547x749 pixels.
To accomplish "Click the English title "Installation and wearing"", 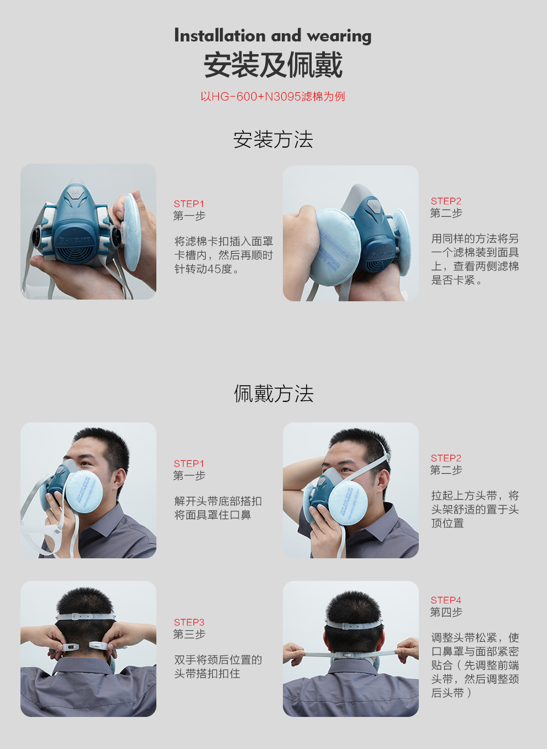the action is tap(272, 36).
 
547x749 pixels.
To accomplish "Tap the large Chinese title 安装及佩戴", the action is tap(273, 65).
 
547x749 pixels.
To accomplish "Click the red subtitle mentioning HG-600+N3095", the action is tap(272, 97).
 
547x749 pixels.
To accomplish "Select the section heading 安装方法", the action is tap(273, 139).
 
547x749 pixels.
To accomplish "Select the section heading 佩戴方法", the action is tap(273, 394).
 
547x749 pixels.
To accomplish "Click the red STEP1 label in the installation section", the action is tap(189, 203).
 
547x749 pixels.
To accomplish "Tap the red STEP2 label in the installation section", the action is tap(446, 201).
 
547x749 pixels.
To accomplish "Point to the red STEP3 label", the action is tap(189, 622).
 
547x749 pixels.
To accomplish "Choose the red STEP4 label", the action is tap(446, 600).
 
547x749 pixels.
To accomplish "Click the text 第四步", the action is tap(446, 612).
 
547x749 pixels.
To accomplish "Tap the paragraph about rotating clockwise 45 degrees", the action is tap(224, 255).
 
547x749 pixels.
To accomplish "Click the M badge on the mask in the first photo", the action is tap(75, 192).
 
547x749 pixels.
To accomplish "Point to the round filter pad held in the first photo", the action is tap(132, 232).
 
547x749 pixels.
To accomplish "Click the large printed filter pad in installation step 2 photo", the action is tap(335, 247).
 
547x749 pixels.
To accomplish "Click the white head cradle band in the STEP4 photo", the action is tap(354, 624).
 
